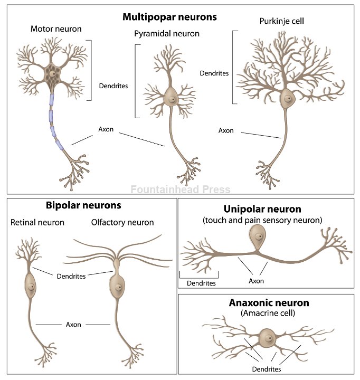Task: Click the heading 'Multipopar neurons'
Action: (169, 17)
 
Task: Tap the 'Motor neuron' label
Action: (56, 28)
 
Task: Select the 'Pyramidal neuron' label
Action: (167, 34)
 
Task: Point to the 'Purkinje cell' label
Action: (281, 21)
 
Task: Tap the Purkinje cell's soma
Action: (287, 98)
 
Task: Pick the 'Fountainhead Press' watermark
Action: (180, 189)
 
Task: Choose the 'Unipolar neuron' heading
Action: (262, 209)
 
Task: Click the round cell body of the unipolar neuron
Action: (257, 235)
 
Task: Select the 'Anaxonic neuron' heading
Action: (269, 303)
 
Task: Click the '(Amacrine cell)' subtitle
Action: (269, 313)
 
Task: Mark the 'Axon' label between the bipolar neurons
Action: (73, 324)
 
